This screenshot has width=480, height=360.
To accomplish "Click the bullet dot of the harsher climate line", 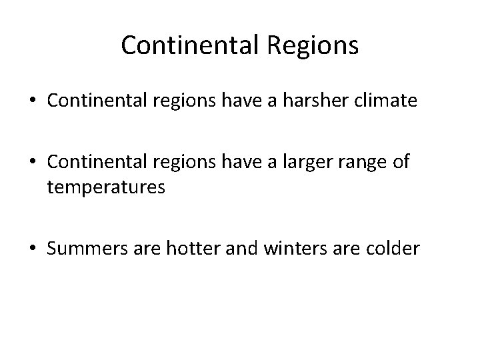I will (31, 101).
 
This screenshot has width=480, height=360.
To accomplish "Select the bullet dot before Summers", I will (31, 249).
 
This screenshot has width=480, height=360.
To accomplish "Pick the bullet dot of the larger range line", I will (31, 162).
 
